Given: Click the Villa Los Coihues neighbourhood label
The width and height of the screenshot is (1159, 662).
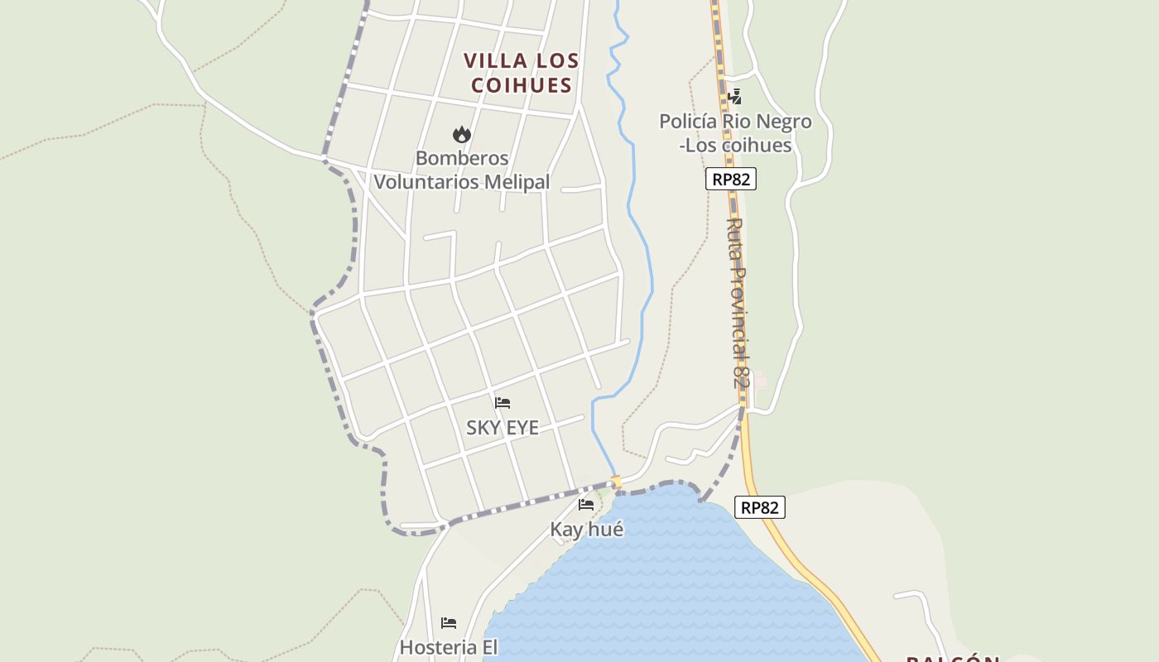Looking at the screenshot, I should [521, 73].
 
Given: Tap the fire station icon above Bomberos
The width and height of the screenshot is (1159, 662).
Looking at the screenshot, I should [461, 134].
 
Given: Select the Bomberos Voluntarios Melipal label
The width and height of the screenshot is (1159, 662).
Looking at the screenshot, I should [462, 170].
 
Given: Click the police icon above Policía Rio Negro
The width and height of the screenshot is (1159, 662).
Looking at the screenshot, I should [733, 98].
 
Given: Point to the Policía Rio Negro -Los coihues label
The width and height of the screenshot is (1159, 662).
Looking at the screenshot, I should [735, 133].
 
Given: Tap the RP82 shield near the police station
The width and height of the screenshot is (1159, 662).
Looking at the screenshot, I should [731, 179].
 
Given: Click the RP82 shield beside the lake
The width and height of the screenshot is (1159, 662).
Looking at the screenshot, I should [759, 507].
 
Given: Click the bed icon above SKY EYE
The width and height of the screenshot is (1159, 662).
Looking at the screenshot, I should [502, 403].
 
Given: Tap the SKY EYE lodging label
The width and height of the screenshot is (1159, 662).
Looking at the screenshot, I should [502, 428].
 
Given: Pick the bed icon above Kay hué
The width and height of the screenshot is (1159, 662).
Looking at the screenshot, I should [586, 504].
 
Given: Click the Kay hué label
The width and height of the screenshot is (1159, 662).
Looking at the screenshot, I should [586, 530].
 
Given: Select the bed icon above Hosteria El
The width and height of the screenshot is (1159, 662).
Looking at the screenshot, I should [449, 622].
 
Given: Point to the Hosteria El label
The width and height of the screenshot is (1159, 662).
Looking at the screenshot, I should [449, 647].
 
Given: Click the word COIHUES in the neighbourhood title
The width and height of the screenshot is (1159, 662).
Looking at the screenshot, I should [521, 85].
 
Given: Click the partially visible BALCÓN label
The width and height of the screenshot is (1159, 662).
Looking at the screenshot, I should [953, 658].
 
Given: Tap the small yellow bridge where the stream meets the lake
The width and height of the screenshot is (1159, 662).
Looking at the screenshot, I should [615, 481].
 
